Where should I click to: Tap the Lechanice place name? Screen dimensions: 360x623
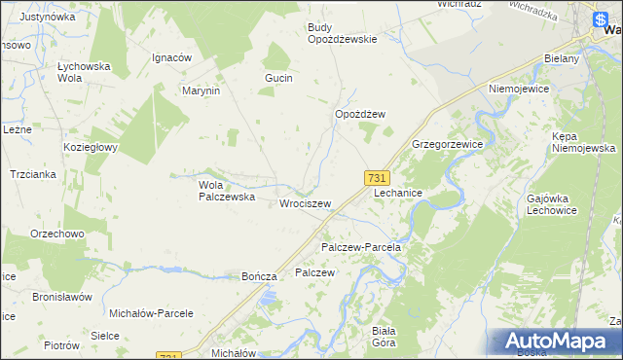[397, 194]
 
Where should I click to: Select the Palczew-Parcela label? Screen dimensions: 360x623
[361, 248]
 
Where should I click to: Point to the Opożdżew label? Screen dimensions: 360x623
[360, 114]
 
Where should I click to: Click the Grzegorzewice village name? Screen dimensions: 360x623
[448, 143]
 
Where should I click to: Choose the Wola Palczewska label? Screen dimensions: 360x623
[227, 190]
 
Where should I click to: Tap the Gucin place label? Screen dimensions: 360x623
[278, 78]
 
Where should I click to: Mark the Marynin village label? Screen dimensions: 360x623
[202, 90]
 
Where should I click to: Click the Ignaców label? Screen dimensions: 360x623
[170, 57]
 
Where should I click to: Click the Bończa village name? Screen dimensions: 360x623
[260, 276]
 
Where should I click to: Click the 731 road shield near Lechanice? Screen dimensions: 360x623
[378, 178]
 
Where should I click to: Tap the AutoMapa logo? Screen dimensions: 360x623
[558, 341]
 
